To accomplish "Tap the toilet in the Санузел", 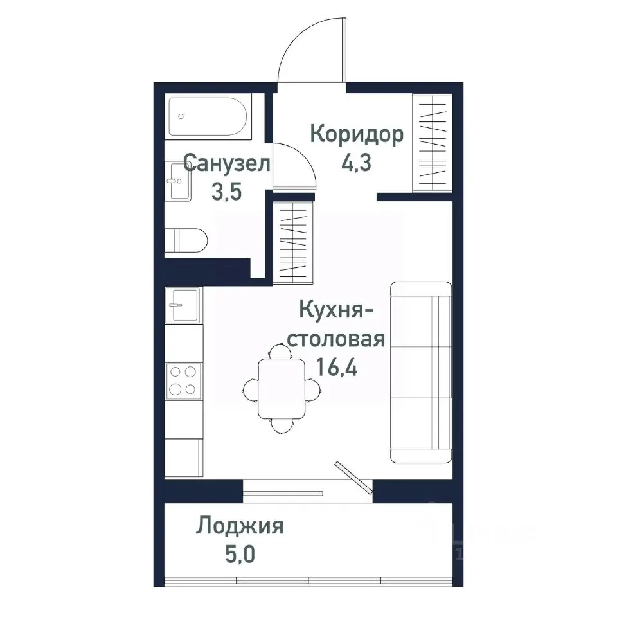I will pos(186,242).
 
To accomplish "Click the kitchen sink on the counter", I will pos(183,304).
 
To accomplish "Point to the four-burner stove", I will pos(183,380).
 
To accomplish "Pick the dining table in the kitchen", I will pos(282,388).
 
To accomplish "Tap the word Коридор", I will pos(357,134).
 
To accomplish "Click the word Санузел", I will pos(227,163).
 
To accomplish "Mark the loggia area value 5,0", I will pos(239,553).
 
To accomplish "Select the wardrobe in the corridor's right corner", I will pos(432,142).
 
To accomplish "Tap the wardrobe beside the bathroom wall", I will pos(294,242).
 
